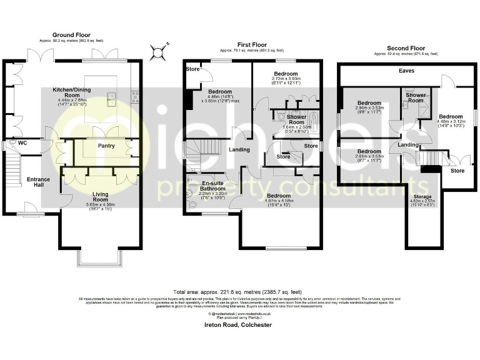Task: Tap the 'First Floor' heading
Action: tap(251, 44)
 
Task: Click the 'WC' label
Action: tap(23, 143)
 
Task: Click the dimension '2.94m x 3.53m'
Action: tap(369, 108)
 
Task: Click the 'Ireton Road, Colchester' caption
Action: tap(239, 325)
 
